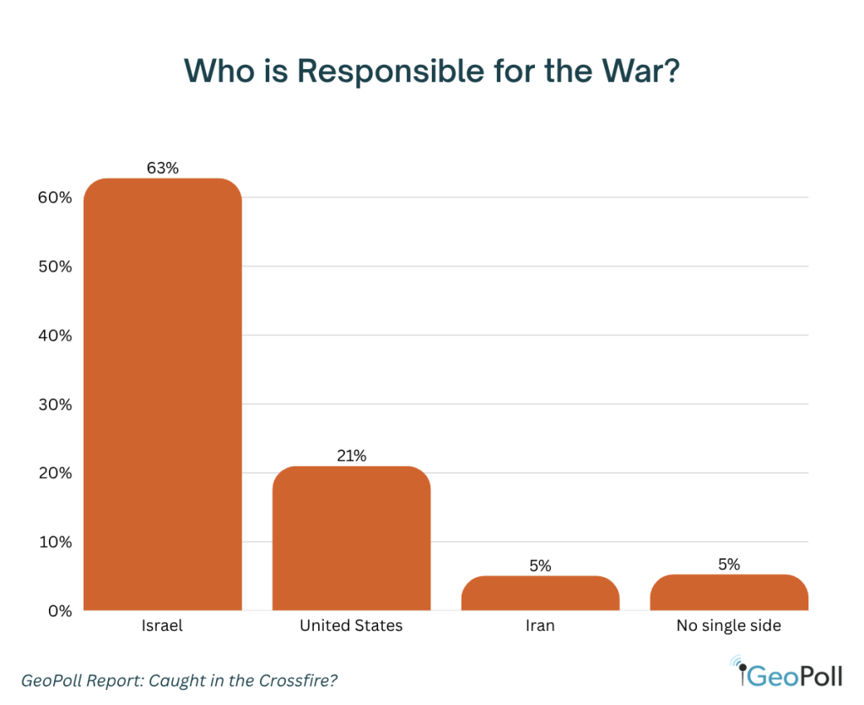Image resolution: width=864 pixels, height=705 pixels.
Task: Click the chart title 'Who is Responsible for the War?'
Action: pos(431,71)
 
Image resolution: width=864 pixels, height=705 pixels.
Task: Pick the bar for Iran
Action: pos(540,594)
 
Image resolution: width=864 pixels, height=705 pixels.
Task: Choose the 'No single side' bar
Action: pos(729,593)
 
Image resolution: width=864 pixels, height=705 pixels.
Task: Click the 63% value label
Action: pos(163,168)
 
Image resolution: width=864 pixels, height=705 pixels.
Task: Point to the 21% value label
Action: pos(351,456)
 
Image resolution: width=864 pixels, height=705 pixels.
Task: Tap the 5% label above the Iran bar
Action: pos(540,566)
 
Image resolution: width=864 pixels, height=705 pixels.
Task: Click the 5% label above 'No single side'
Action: pos(729,564)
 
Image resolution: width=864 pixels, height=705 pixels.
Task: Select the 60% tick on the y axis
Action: pos(54,198)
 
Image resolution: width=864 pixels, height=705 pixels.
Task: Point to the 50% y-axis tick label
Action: pos(54,267)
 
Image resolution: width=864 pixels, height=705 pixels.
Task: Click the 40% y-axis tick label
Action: pos(54,336)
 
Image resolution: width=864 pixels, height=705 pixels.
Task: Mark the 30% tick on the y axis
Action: pos(54,405)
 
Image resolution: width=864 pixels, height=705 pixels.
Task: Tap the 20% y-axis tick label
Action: pos(54,473)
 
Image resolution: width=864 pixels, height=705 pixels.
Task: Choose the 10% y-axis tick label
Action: pos(54,542)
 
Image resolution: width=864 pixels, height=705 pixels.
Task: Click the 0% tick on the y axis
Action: pos(58,611)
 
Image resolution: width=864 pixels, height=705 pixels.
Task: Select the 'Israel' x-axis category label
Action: pos(163,627)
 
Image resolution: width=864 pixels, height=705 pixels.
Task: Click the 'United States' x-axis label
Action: pos(351,627)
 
